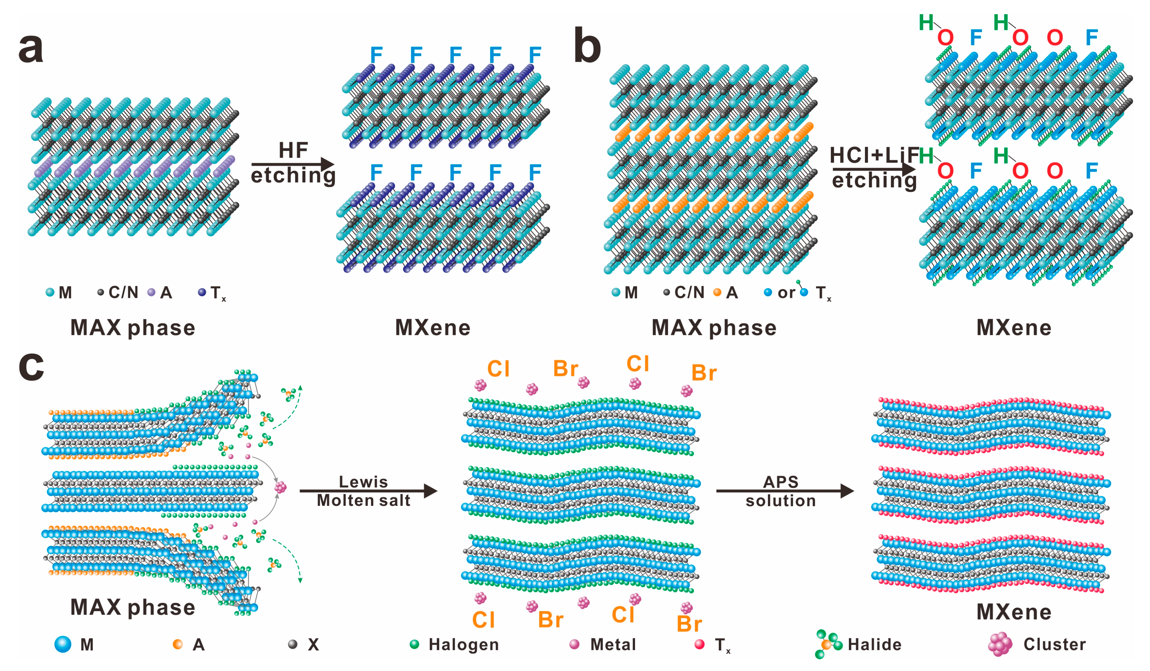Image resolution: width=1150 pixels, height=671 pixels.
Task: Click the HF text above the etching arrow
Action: pyautogui.click(x=293, y=150)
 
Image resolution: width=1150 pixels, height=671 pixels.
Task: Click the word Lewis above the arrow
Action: pyautogui.click(x=363, y=482)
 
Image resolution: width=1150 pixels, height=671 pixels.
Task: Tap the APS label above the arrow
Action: pyautogui.click(x=781, y=482)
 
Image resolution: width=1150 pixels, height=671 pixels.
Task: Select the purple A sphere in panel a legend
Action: pyautogui.click(x=151, y=292)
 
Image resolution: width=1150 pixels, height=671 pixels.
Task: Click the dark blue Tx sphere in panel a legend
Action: pyautogui.click(x=202, y=292)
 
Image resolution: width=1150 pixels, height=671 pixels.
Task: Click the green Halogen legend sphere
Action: pyautogui.click(x=414, y=644)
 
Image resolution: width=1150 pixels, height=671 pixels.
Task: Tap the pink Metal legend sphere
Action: pyautogui.click(x=575, y=644)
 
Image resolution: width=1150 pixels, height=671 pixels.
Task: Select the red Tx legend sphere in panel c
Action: pyautogui.click(x=699, y=644)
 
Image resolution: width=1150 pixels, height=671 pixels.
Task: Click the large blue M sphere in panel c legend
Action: pyautogui.click(x=63, y=644)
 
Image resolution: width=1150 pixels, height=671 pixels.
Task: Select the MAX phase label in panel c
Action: pyautogui.click(x=132, y=607)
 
